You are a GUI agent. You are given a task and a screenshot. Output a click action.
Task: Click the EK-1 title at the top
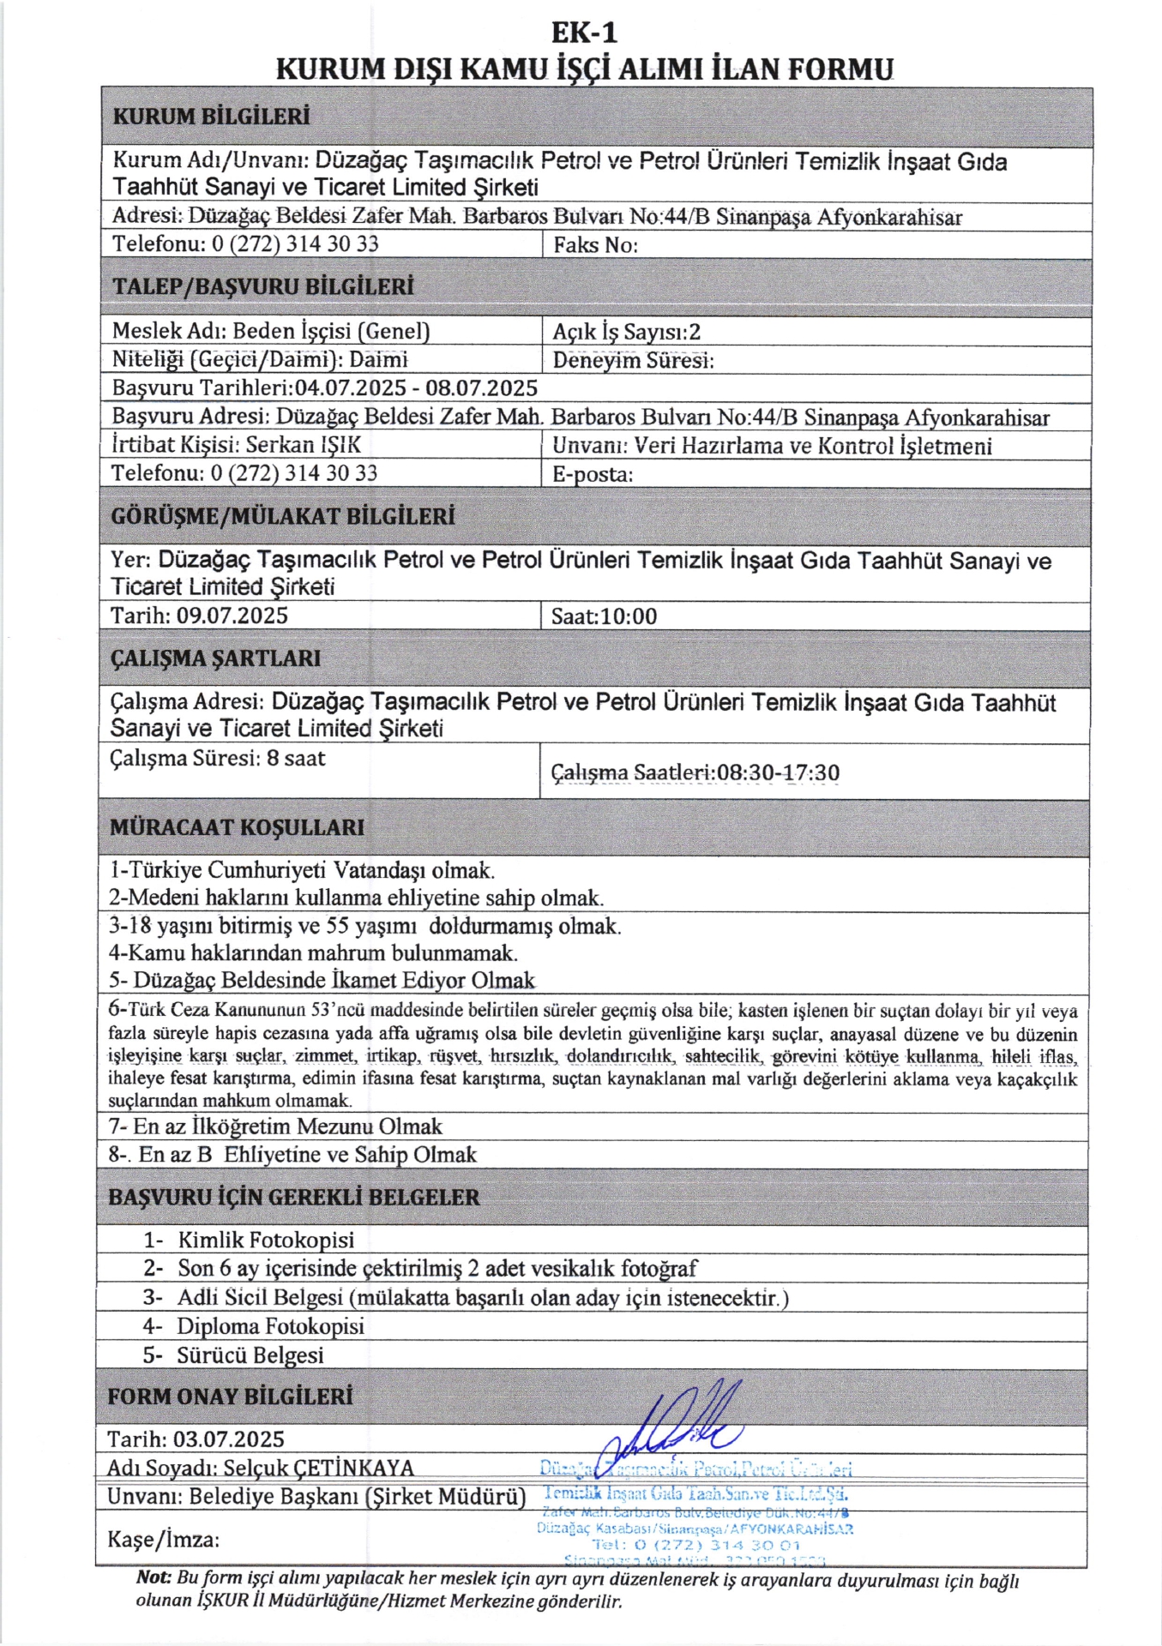click(x=583, y=33)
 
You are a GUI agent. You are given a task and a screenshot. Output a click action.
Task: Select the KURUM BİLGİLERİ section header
click(x=211, y=117)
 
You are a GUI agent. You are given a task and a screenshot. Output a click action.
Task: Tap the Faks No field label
click(x=595, y=245)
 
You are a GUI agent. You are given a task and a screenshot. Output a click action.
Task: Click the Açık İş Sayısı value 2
click(x=695, y=333)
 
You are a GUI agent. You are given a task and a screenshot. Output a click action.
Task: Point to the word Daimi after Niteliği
click(x=378, y=359)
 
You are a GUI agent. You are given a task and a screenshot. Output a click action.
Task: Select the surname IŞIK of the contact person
click(x=340, y=445)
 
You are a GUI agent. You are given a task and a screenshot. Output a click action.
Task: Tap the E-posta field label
click(x=592, y=474)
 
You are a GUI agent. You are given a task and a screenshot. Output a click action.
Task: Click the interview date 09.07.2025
click(x=232, y=616)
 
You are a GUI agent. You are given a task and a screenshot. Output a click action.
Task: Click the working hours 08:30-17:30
click(x=778, y=772)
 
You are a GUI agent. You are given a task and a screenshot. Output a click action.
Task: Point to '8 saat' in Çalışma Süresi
click(x=296, y=758)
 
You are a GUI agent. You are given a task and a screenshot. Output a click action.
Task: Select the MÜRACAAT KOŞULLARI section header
click(x=237, y=827)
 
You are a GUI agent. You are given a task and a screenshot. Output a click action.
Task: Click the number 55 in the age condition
click(x=339, y=926)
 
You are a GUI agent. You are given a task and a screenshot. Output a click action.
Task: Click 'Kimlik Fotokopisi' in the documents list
click(x=266, y=1240)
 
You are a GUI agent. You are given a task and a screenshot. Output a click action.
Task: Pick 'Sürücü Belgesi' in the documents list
click(x=250, y=1355)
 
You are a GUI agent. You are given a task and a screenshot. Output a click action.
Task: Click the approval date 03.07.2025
click(x=229, y=1439)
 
